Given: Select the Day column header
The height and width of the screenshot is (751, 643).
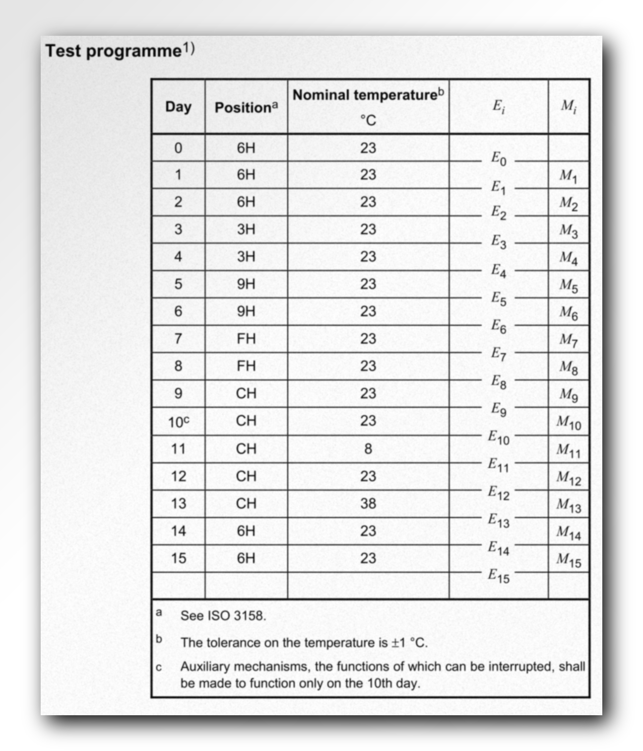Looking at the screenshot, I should point(178,107).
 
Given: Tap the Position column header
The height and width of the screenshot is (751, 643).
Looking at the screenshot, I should point(246,107).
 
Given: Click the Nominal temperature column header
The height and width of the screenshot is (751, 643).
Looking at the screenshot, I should point(368,95).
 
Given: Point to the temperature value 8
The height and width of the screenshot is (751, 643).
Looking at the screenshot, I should point(368,449).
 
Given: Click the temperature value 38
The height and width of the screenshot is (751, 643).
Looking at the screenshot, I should point(368,504).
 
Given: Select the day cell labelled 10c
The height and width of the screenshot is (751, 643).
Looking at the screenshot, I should point(178,422).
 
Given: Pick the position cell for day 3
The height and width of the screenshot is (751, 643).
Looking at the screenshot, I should point(246,229).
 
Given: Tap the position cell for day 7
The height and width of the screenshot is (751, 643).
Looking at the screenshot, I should point(246,339).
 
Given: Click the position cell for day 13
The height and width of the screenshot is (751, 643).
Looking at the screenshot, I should point(246,504).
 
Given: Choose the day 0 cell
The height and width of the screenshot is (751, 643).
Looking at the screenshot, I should point(178,148).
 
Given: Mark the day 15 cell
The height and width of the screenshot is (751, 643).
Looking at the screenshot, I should point(178,558).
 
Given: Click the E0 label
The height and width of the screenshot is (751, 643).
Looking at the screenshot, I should point(499,158).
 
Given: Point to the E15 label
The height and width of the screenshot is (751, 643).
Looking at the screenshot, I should point(498,576).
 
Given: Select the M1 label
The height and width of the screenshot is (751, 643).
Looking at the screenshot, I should point(568,176).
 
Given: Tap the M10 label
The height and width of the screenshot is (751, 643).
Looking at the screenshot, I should point(569,423).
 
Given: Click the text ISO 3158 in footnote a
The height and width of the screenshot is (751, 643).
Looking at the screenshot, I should point(236,616).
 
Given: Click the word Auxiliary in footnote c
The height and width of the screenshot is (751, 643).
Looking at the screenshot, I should point(204,667).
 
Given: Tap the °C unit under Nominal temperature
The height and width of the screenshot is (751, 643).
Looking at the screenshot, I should point(368,120).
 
